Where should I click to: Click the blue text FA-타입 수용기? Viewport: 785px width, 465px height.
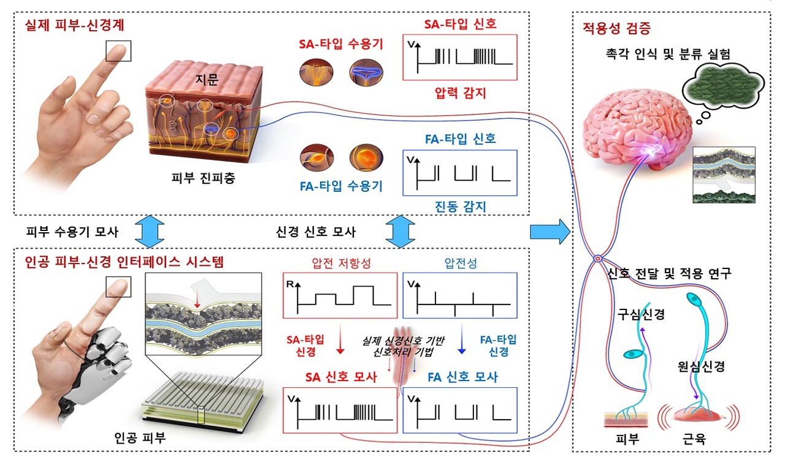[341, 186]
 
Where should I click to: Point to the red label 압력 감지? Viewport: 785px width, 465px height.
[459, 94]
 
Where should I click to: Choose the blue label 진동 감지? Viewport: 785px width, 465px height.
[459, 207]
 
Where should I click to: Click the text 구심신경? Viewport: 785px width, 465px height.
[642, 316]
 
